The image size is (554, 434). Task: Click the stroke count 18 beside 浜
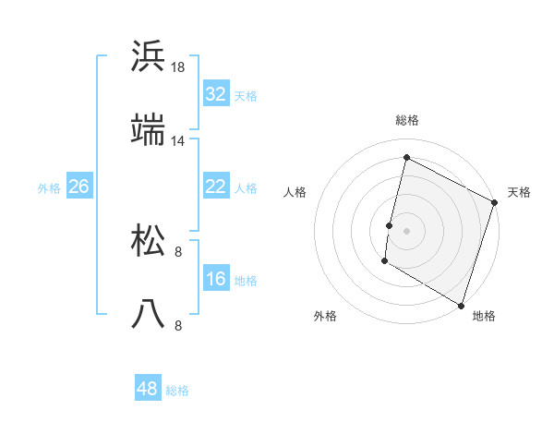pos(178,67)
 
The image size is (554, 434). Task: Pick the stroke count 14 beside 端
pos(178,141)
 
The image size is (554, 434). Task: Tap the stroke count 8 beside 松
pos(178,251)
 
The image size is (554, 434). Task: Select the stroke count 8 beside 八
pos(178,325)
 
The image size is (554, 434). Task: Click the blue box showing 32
pos(216,93)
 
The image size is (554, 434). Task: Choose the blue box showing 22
pos(216,186)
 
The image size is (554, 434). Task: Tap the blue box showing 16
pos(216,278)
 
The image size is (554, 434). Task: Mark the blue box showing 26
pos(79,186)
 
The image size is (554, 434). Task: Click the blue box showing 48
pos(148,389)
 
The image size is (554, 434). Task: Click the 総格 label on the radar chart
pos(407,120)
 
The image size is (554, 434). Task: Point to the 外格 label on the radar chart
pos(325,316)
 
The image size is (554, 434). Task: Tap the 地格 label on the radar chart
pos(484,316)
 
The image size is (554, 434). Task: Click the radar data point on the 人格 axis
pos(390,225)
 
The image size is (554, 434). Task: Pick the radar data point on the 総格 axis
pos(406,158)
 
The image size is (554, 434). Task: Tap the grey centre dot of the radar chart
pos(406,230)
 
